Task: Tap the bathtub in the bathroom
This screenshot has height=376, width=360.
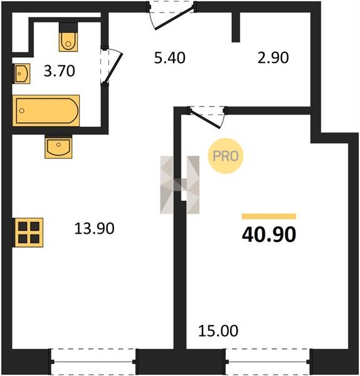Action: click(x=46, y=110)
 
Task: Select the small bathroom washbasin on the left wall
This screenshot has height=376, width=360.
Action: click(x=21, y=73)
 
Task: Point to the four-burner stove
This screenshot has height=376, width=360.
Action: click(x=28, y=232)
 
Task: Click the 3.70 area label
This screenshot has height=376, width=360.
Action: click(x=60, y=71)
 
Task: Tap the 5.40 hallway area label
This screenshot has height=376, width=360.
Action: click(x=170, y=58)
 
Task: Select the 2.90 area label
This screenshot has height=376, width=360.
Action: click(x=273, y=58)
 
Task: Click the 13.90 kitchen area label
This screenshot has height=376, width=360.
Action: click(x=94, y=228)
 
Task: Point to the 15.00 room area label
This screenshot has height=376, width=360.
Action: click(x=218, y=331)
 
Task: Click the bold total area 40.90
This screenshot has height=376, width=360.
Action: click(x=269, y=234)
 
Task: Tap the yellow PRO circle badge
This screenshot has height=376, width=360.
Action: click(x=226, y=156)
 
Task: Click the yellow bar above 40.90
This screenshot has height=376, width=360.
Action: click(x=269, y=216)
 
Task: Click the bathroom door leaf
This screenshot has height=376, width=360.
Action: click(x=115, y=68)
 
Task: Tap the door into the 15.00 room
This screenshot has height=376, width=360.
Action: click(x=205, y=118)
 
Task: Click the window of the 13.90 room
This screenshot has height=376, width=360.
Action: click(x=93, y=362)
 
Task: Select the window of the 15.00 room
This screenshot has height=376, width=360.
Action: click(x=268, y=362)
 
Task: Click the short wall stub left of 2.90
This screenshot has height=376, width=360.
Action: click(x=236, y=27)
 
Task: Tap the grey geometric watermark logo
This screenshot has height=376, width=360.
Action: click(x=180, y=185)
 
